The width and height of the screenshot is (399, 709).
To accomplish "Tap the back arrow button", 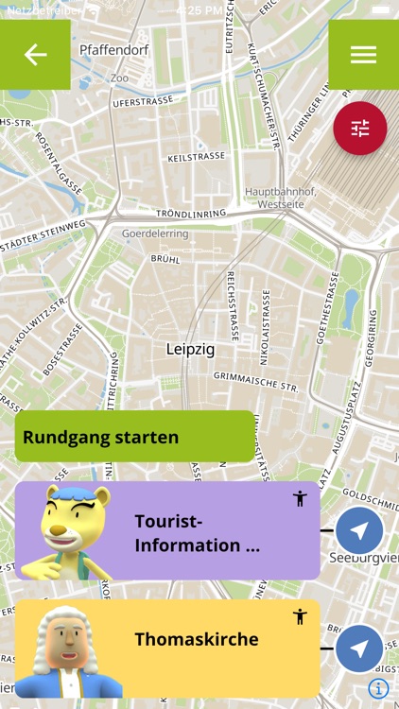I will (x=35, y=55).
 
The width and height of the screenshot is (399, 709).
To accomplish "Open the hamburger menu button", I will (x=363, y=55).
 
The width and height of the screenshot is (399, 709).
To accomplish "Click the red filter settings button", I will (x=360, y=129).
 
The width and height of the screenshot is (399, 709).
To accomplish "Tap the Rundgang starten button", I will (x=135, y=437).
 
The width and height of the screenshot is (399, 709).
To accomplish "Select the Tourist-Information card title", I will (x=197, y=533).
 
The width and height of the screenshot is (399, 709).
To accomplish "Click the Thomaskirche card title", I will (x=196, y=640).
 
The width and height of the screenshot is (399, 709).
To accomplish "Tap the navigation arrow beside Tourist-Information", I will (x=359, y=531).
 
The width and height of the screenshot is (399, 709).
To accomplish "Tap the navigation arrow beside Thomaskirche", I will (x=359, y=648).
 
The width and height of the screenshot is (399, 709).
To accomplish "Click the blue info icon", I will (x=378, y=688).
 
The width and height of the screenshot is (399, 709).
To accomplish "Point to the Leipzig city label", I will (x=190, y=350).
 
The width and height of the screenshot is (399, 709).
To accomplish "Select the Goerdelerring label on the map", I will (x=155, y=233).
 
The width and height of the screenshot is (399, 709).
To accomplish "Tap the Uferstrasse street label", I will (x=142, y=100).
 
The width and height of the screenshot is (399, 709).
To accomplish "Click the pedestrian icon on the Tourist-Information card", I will (x=300, y=498).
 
